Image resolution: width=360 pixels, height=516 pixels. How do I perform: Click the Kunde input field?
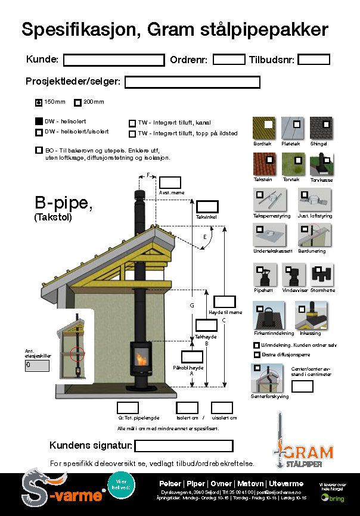[x=113, y=60]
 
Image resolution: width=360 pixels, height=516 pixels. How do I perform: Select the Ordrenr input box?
[x=229, y=59]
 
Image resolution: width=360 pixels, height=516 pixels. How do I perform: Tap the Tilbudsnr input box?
[x=314, y=59]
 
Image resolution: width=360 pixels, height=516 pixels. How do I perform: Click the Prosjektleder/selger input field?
[x=192, y=82]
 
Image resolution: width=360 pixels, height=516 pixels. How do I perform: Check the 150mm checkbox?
[x=39, y=101]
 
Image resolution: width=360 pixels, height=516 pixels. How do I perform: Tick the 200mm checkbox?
[x=77, y=101]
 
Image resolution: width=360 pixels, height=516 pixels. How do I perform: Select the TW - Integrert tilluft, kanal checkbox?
[x=132, y=123]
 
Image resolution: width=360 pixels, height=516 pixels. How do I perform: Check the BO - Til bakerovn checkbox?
[x=39, y=150]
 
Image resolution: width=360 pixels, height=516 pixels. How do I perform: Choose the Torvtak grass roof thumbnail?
[x=293, y=164]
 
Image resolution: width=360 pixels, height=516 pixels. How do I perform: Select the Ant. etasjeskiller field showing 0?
[x=37, y=366]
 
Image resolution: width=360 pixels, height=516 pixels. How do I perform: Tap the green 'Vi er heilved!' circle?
[x=122, y=483]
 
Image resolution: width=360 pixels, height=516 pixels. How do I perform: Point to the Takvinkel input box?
[x=207, y=207]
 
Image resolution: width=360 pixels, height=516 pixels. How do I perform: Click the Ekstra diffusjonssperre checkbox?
[x=257, y=355]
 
